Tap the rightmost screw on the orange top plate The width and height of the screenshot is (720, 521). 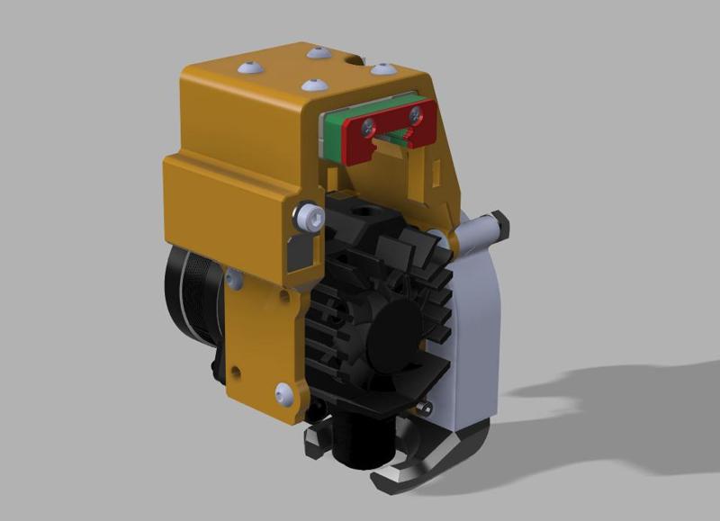[x=383, y=68]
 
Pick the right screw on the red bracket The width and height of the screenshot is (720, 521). [x=415, y=114]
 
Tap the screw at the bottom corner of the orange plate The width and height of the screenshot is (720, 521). [x=284, y=392]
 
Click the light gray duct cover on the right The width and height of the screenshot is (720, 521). [x=472, y=342]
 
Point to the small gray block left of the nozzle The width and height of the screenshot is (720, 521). [x=315, y=438]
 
